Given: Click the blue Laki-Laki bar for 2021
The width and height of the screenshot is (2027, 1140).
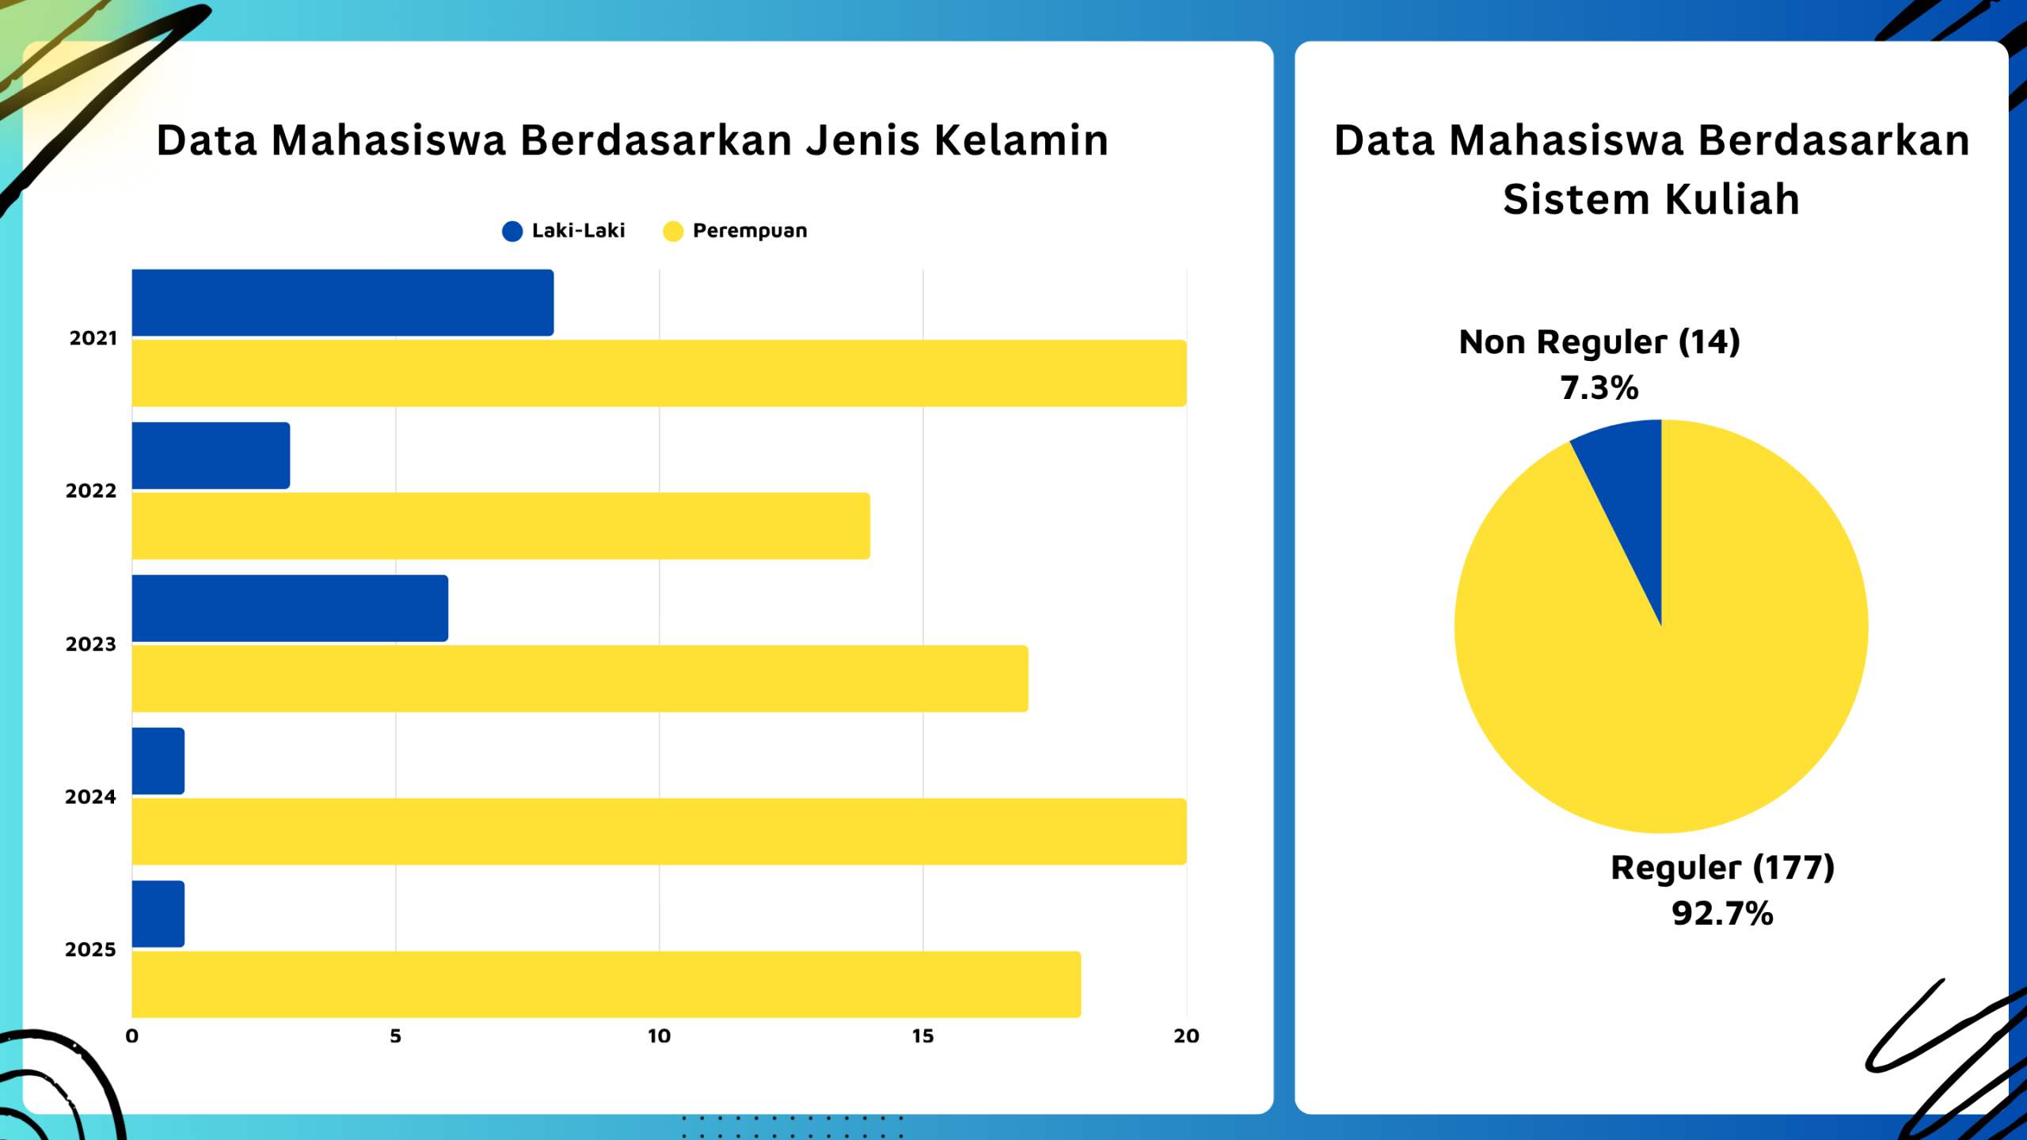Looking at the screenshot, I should click(342, 302).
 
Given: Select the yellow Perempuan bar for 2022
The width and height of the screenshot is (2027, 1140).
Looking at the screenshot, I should click(500, 526).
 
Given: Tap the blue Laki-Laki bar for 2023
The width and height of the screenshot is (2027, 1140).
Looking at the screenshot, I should click(290, 608).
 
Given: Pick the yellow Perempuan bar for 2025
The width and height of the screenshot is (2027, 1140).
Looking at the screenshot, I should click(606, 984).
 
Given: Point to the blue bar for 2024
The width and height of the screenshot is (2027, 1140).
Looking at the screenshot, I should click(158, 761).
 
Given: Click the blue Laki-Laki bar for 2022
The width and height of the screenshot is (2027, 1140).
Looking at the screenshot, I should click(211, 455).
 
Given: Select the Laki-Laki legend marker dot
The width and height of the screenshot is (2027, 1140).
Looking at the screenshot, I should click(512, 231).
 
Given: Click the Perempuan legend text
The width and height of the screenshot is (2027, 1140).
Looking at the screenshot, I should click(749, 231).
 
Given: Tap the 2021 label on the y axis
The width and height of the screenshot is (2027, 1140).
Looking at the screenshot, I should click(93, 339).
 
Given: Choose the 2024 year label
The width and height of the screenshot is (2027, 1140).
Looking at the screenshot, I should click(90, 797).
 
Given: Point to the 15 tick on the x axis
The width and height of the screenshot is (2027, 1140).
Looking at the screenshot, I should click(922, 1036).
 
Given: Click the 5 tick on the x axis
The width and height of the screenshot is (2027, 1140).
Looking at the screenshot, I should click(395, 1036).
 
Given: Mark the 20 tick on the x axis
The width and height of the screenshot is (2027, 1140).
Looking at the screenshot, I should click(1186, 1036).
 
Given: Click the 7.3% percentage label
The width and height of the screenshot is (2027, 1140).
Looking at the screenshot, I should click(1599, 388).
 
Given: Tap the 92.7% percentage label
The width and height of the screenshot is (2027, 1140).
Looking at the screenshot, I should click(1722, 914).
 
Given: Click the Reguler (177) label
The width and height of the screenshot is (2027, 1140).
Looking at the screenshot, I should click(1722, 868).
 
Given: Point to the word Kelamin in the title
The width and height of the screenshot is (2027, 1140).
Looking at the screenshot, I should click(1021, 141).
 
